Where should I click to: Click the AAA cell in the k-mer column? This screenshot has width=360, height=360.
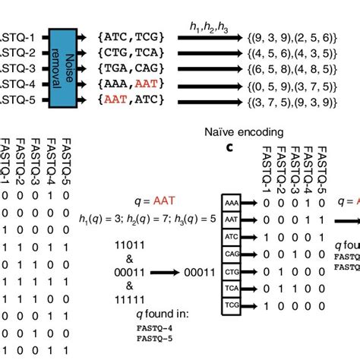(x=232, y=202)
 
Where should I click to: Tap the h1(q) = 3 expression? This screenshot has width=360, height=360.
(x=99, y=219)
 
